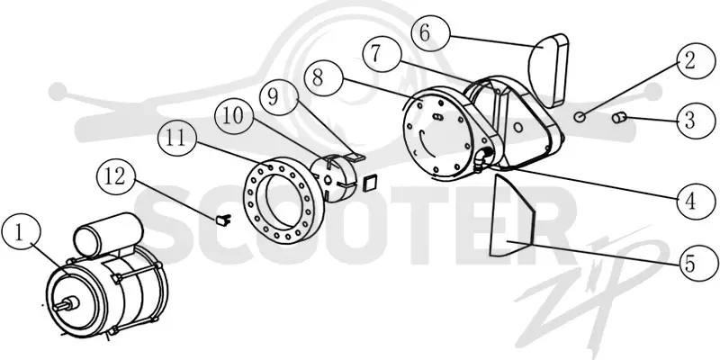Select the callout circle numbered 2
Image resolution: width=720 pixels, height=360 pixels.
[x=689, y=61]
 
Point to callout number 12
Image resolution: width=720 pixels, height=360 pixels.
[x=116, y=175]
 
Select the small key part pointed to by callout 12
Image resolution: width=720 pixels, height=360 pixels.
[x=222, y=220]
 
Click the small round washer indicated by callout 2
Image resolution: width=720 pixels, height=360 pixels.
[x=580, y=117]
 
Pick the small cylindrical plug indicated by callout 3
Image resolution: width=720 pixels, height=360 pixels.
[x=619, y=118]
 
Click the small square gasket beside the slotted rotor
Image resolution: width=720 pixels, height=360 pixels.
[x=369, y=183]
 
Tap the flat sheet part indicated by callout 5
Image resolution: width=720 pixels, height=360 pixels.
[x=510, y=215]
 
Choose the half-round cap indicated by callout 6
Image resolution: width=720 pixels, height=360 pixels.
[x=549, y=70]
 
